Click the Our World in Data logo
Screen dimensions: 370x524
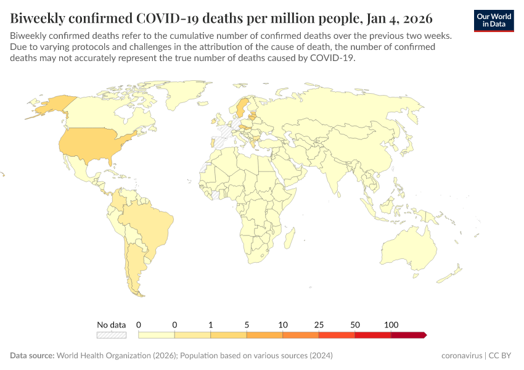494,20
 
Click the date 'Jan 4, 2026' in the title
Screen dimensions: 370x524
392,17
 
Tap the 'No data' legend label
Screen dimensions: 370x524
111,324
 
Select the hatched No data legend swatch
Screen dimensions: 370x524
111,335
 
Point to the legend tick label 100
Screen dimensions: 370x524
391,324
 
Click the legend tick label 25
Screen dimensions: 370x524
319,324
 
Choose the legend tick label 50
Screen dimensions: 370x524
355,324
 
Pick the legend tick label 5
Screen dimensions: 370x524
247,324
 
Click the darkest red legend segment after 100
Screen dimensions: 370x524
408,335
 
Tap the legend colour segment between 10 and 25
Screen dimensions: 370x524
301,335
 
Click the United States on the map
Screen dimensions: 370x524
92,144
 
